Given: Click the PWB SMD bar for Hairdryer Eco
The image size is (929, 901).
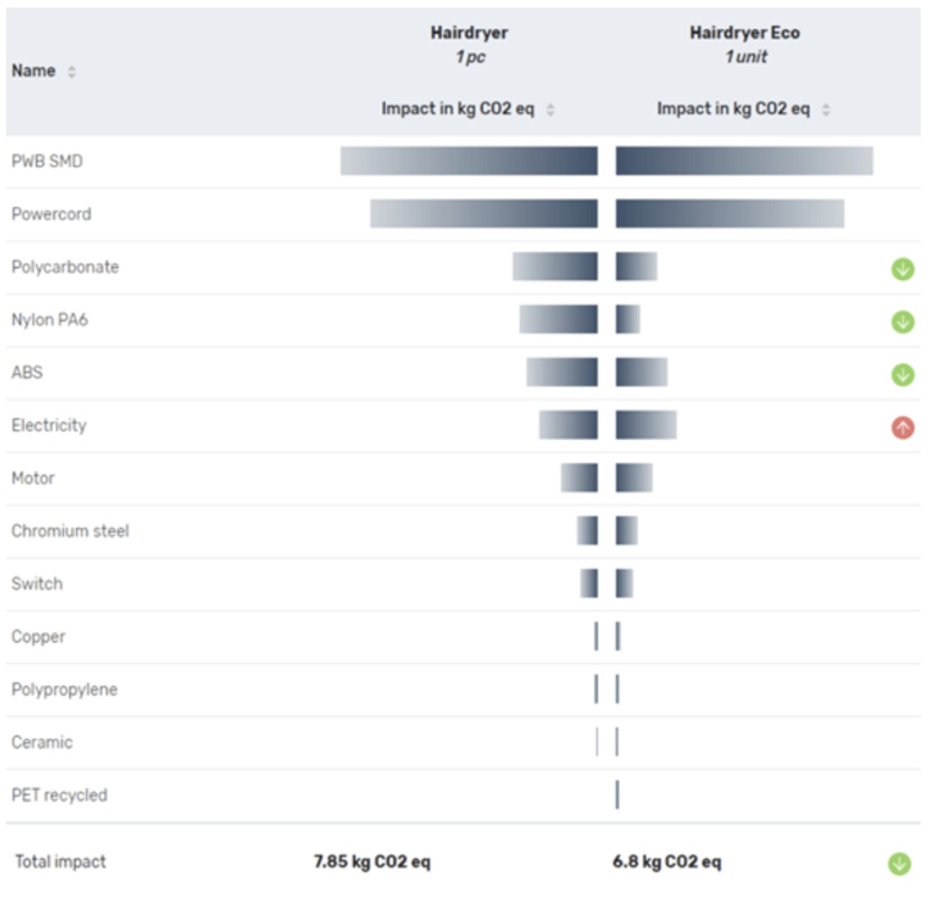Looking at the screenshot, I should (x=744, y=161).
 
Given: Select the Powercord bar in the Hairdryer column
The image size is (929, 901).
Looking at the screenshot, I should (x=484, y=214).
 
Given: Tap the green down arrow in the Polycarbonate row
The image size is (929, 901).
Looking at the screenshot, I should (x=902, y=269).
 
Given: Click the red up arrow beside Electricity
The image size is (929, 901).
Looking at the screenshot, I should (x=902, y=427).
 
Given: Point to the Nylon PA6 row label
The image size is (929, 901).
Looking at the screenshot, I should (x=49, y=320).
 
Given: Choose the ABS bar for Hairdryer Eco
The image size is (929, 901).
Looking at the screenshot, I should (x=641, y=373).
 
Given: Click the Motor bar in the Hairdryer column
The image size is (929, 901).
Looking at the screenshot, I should (x=579, y=478).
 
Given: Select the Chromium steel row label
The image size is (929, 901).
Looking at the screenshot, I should (x=70, y=531).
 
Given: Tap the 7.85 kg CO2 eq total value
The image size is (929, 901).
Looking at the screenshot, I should (x=372, y=862).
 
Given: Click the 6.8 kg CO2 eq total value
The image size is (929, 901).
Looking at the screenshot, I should (x=667, y=862).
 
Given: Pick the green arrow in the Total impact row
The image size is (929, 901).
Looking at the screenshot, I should (x=898, y=864).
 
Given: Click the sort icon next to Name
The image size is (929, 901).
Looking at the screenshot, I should (x=72, y=72).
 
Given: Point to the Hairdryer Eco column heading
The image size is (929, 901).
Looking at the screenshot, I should (x=745, y=33).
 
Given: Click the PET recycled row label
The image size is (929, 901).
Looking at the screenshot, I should (x=59, y=795).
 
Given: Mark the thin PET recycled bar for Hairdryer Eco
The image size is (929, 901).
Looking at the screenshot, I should (x=617, y=795).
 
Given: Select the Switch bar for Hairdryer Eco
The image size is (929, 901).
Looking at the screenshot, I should (x=625, y=584).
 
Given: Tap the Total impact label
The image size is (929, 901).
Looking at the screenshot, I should (x=60, y=862).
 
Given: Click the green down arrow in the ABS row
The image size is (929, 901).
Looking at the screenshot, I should (x=902, y=375).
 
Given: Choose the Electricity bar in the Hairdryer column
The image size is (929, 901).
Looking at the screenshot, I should (x=568, y=426).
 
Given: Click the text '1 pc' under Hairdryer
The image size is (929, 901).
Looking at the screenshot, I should (x=469, y=56).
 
